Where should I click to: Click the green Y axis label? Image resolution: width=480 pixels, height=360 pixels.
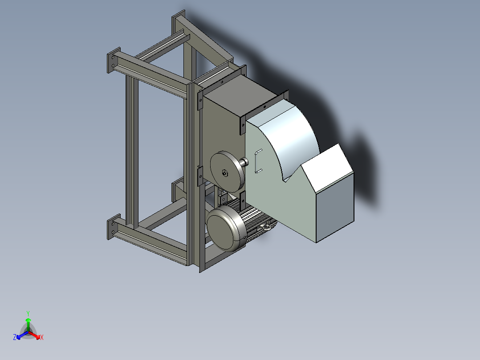[28, 313]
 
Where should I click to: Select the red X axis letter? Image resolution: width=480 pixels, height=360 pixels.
[42, 338]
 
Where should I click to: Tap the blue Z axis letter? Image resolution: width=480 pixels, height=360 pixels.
[15, 338]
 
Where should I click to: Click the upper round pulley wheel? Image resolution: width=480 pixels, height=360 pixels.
[227, 172]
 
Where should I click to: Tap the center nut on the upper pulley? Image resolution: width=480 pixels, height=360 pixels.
[224, 173]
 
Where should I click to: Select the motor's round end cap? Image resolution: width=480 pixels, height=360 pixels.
[225, 230]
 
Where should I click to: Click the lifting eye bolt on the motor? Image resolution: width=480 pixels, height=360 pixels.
[265, 228]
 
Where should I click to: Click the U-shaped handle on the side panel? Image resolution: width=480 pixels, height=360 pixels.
[258, 161]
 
